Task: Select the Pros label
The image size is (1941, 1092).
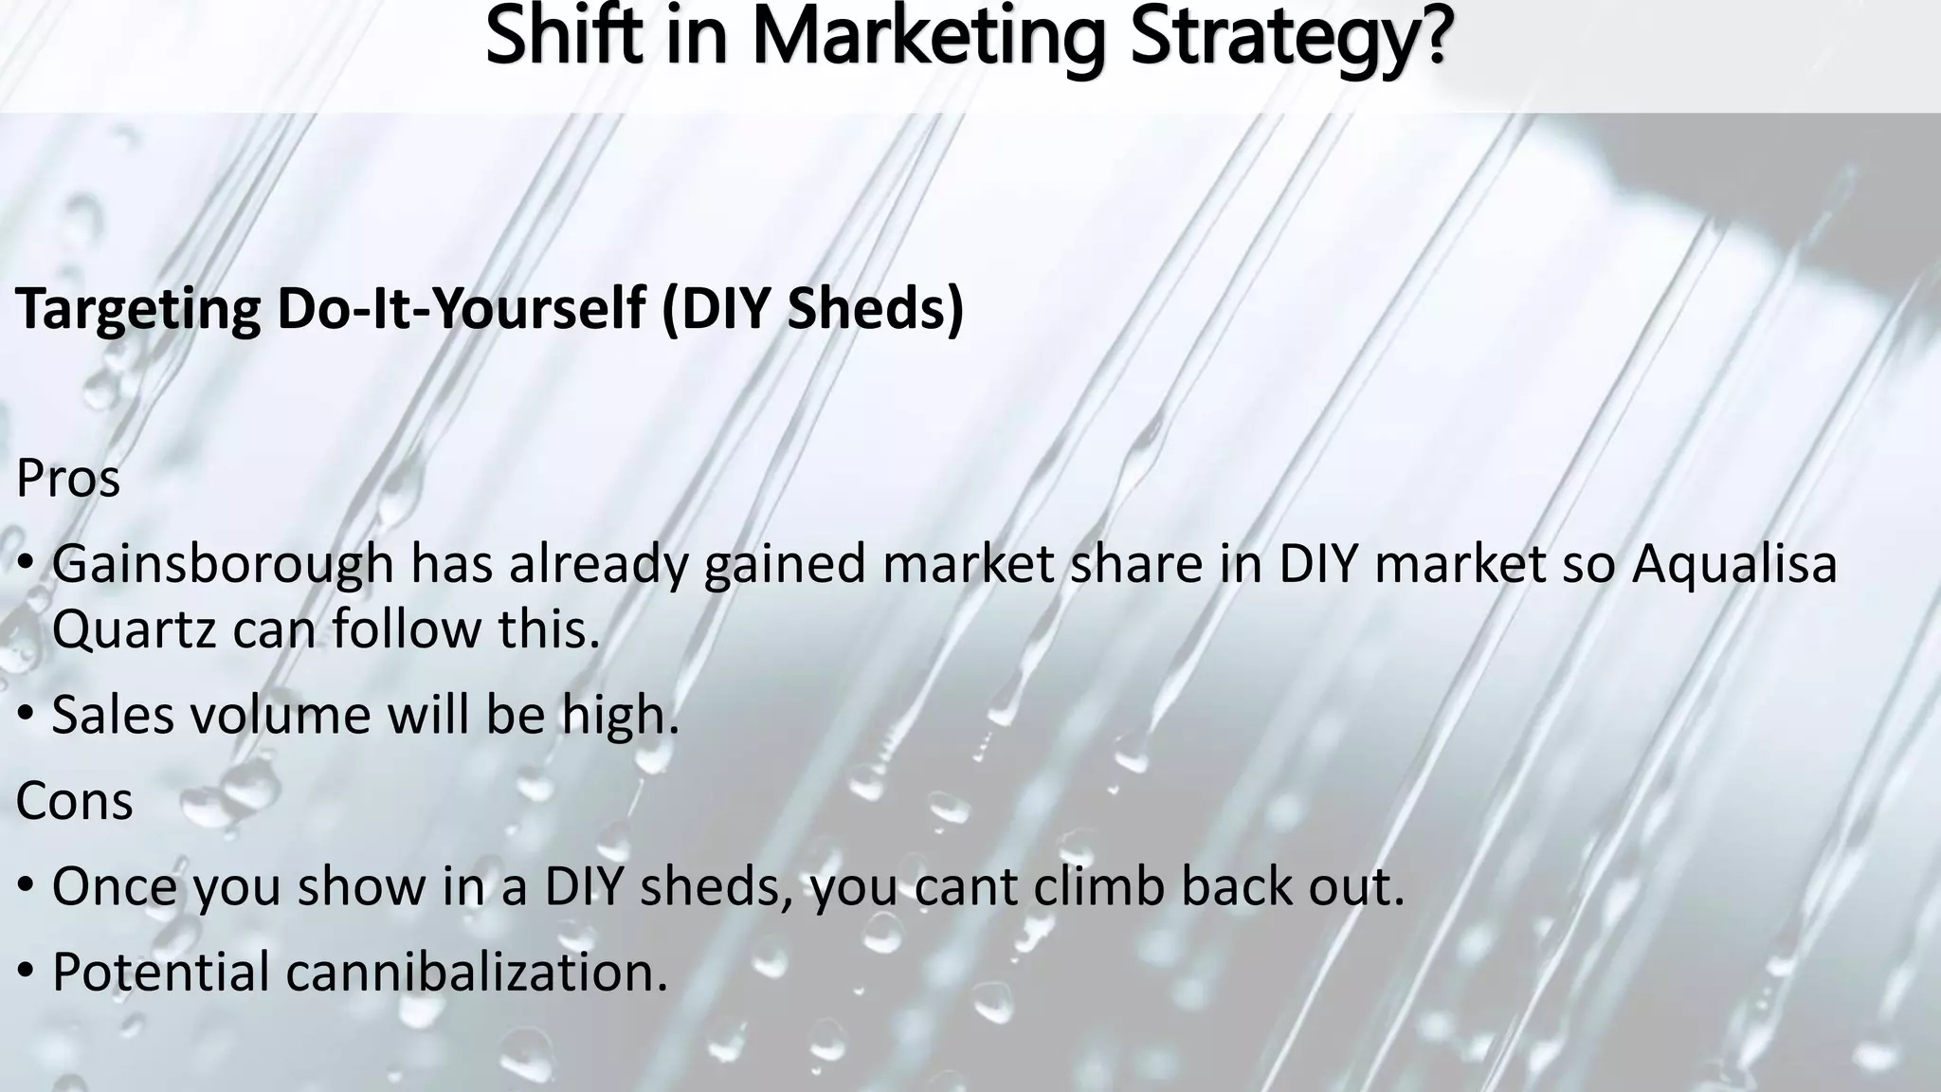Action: point(68,479)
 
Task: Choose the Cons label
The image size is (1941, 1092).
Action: point(74,801)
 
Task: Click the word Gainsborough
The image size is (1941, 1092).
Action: point(223,564)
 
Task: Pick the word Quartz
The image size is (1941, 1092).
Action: point(135,628)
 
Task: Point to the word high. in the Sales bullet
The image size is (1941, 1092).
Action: point(621,714)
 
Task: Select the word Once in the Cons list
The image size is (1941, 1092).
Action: point(114,886)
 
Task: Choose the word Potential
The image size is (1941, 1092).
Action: point(160,972)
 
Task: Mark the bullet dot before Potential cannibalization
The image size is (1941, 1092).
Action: point(27,974)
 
